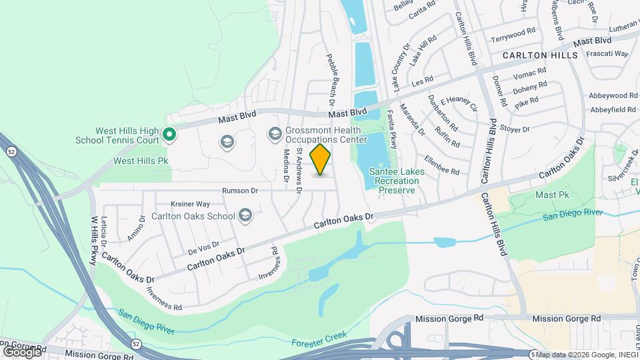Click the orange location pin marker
coord(321,159)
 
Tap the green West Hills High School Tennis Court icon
coord(169,135)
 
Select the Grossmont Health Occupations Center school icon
coord(275,135)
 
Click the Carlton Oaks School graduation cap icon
coord(245,215)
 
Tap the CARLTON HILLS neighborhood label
coord(540,55)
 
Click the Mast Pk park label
coord(551,195)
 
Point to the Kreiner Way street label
coord(190,203)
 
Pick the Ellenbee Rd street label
coord(442,167)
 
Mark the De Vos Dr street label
coord(203,248)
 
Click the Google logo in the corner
coord(22,351)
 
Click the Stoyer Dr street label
coord(515,129)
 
